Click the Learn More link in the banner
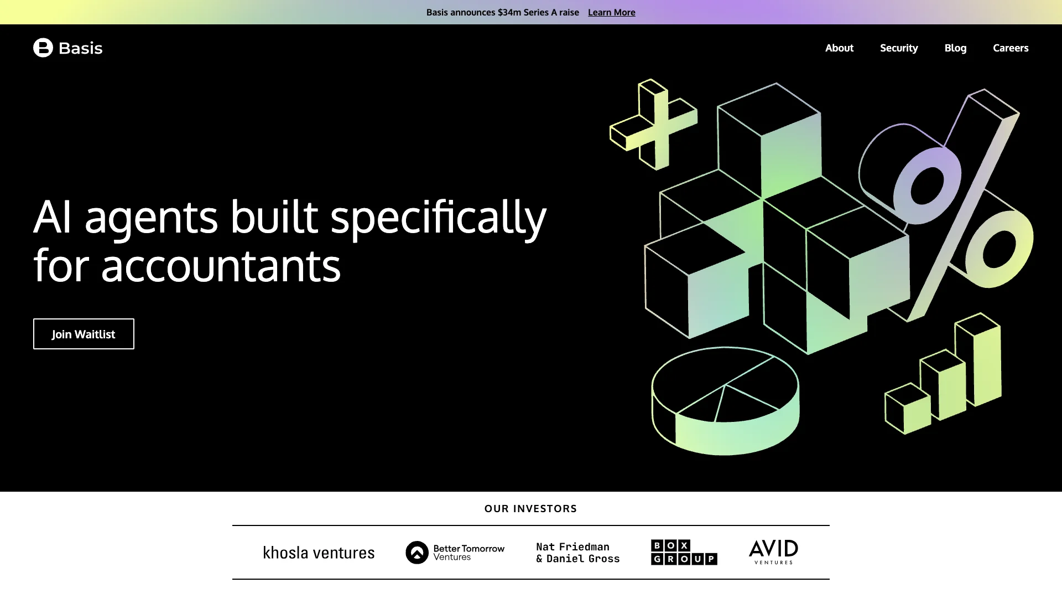coord(611,12)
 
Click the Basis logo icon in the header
coord(43,48)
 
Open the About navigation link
coord(839,48)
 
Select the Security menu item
coord(899,48)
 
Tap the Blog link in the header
coord(955,48)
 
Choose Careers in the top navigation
coord(1011,48)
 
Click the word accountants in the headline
coord(221,266)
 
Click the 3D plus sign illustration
coord(653,124)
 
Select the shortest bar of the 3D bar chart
coord(908,409)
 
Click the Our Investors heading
coord(530,509)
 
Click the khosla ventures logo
coord(319,553)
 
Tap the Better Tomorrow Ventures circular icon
coord(417,553)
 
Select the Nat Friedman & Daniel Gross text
coord(578,553)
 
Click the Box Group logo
coord(684,553)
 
